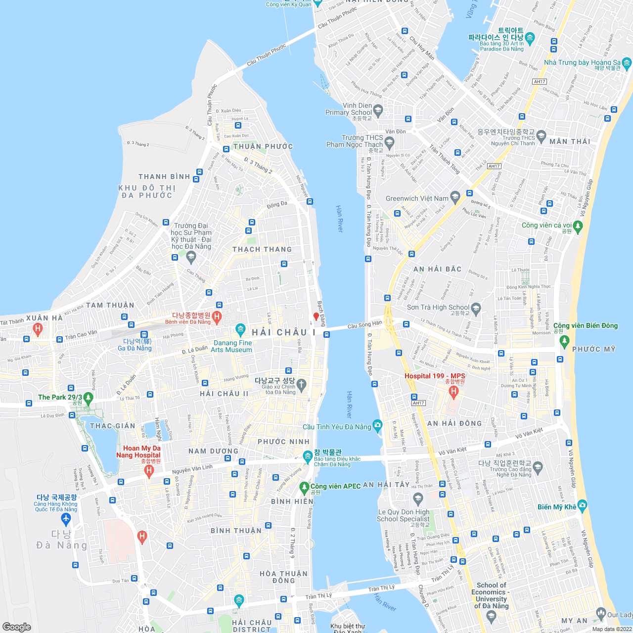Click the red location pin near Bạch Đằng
[316, 316]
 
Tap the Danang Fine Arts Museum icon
[240, 329]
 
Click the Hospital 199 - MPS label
[435, 376]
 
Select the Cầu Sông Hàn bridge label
[365, 325]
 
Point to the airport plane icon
[66, 519]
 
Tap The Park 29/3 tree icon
[89, 397]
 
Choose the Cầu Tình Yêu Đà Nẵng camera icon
[378, 425]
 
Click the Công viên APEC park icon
[304, 487]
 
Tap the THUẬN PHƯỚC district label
[263, 146]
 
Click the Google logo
[17, 627]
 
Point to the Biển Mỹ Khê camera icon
[582, 505]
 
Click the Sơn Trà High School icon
[476, 309]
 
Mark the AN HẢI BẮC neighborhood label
[437, 269]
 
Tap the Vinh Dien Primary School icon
[378, 110]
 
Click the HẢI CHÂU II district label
[224, 394]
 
